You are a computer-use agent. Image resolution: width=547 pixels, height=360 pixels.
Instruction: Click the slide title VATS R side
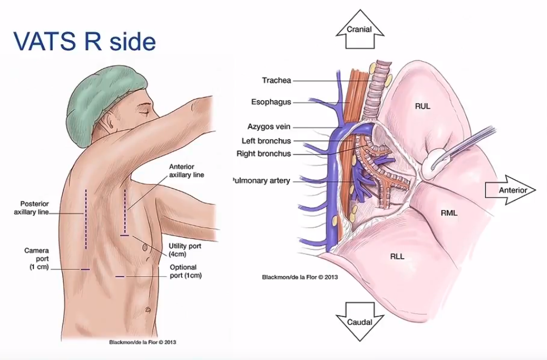click(x=84, y=41)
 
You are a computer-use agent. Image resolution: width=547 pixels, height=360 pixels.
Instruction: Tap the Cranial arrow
click(x=360, y=29)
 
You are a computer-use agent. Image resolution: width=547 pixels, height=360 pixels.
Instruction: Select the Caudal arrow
click(x=360, y=322)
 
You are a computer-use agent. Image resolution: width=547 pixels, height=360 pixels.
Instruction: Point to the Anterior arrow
click(x=510, y=190)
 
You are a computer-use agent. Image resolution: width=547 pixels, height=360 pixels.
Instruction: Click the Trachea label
click(x=276, y=80)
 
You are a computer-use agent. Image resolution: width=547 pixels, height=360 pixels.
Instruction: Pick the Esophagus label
click(x=271, y=102)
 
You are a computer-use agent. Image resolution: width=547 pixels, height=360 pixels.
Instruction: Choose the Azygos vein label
click(x=268, y=127)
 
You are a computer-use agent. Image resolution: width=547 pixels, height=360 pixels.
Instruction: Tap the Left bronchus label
click(x=266, y=141)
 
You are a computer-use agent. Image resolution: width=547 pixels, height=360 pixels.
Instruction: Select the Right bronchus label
click(x=263, y=154)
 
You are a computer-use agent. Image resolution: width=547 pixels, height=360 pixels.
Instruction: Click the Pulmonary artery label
click(x=261, y=181)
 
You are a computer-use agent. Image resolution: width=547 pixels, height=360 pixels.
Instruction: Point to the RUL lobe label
click(x=422, y=106)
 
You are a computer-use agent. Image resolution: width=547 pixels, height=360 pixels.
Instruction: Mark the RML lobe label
click(x=449, y=213)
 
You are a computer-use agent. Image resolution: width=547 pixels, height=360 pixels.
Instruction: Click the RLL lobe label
click(x=397, y=257)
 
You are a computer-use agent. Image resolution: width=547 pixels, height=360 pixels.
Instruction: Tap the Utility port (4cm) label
click(x=185, y=250)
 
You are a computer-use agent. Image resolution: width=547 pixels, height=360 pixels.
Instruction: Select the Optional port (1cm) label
click(x=186, y=271)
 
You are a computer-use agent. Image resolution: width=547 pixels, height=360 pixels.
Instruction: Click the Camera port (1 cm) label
click(x=37, y=259)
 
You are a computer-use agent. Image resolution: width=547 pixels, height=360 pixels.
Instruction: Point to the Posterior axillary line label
click(x=31, y=208)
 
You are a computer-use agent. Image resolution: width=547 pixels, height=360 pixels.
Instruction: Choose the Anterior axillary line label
click(x=187, y=170)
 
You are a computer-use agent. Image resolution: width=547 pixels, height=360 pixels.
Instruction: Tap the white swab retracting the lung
click(x=434, y=162)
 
